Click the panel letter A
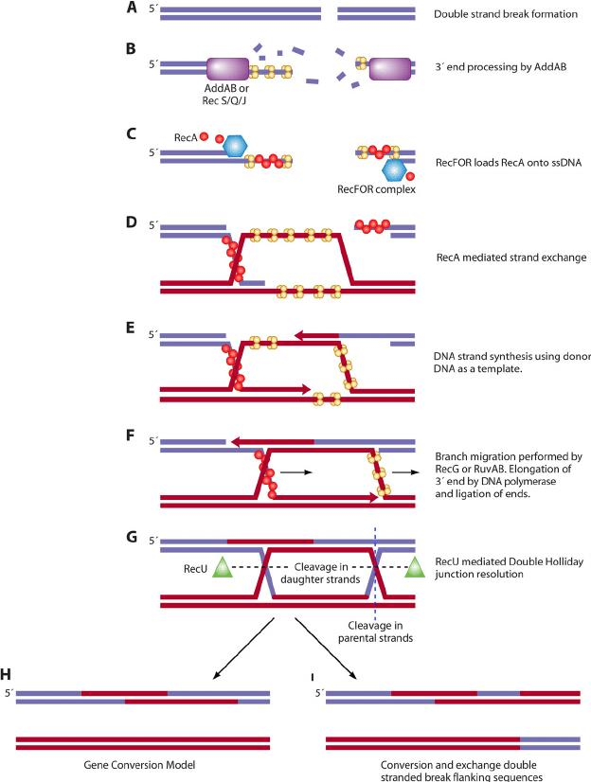[x=132, y=8]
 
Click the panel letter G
[x=132, y=537]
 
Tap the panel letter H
[x=6, y=675]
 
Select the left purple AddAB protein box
[x=227, y=69]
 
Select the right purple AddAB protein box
[x=390, y=69]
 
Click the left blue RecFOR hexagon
[x=234, y=146]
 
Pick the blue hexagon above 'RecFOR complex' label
[x=395, y=170]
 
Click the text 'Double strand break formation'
[x=506, y=14]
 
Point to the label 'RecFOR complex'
[x=376, y=189]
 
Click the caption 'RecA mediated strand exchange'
[x=511, y=258]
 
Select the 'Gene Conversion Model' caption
[x=139, y=765]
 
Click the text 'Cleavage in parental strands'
[x=376, y=631]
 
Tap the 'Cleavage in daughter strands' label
[x=320, y=573]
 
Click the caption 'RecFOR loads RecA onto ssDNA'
[x=509, y=162]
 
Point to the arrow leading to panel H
[x=243, y=649]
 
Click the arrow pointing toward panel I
[x=326, y=649]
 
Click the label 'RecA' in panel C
[x=186, y=137]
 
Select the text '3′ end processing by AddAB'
[x=501, y=66]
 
